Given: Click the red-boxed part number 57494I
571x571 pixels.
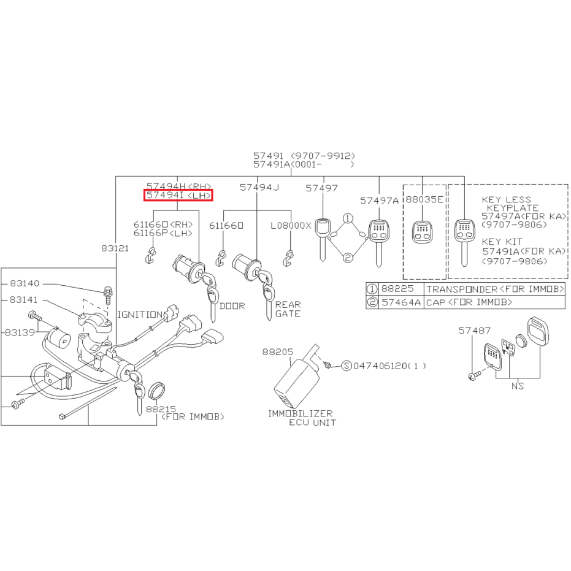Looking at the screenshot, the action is tap(164, 195).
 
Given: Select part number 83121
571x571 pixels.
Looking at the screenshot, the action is tap(115, 248).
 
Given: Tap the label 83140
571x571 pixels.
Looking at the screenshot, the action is tap(25, 283).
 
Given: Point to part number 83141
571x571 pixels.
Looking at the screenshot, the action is tap(24, 300).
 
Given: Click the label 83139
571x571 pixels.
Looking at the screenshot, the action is tap(20, 332).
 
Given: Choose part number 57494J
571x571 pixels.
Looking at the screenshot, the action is tap(259, 187).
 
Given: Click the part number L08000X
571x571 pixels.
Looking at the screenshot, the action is tap(291, 226).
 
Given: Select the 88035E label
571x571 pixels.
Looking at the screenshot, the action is tap(424, 199).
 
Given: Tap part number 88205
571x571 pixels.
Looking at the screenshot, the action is tap(277, 352).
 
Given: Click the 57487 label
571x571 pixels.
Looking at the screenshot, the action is tap(475, 331).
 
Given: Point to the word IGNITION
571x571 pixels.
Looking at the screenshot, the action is tap(139, 315).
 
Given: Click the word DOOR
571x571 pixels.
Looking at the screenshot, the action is tap(232, 306).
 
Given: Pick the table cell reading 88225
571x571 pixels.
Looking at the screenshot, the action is tap(397, 289).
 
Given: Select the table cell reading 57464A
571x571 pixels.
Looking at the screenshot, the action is tap(401, 302).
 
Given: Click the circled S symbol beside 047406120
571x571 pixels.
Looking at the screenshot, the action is tap(347, 366).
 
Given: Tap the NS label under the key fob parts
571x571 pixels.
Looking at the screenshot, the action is tap(518, 386).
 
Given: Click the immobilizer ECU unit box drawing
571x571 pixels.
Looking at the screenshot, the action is tap(297, 379).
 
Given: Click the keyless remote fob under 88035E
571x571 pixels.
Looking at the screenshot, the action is tap(422, 232).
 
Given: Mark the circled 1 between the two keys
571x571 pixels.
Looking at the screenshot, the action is tap(348, 218).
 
